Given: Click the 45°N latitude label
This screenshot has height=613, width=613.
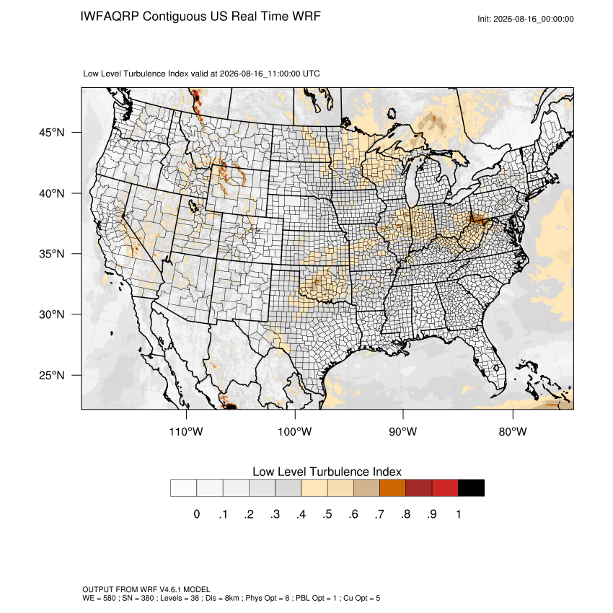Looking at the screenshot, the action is (x=52, y=133).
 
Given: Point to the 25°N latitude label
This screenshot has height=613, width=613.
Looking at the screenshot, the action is (x=52, y=375).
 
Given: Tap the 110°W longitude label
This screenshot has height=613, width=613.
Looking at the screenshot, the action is (x=186, y=431).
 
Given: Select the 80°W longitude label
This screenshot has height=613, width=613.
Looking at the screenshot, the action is (x=513, y=431).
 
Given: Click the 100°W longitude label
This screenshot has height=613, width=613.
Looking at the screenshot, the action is (x=295, y=431).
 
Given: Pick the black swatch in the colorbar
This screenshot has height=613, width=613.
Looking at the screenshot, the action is (x=471, y=488).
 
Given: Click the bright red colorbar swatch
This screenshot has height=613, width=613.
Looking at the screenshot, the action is (x=445, y=488).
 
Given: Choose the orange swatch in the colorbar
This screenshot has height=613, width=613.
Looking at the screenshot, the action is (x=392, y=488).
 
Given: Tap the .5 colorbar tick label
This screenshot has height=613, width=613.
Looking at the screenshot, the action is (x=327, y=514).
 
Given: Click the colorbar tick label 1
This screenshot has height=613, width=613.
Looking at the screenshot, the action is (x=459, y=514).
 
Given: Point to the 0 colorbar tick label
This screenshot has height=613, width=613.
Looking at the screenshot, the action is (x=197, y=514).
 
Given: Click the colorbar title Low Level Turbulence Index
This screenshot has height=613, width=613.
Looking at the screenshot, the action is (x=327, y=472).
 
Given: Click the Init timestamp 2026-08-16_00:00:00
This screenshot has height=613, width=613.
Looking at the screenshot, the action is (x=534, y=19).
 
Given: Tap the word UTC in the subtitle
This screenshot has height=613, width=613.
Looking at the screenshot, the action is (x=312, y=74).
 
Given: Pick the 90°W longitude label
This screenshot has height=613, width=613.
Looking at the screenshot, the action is (x=402, y=431).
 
